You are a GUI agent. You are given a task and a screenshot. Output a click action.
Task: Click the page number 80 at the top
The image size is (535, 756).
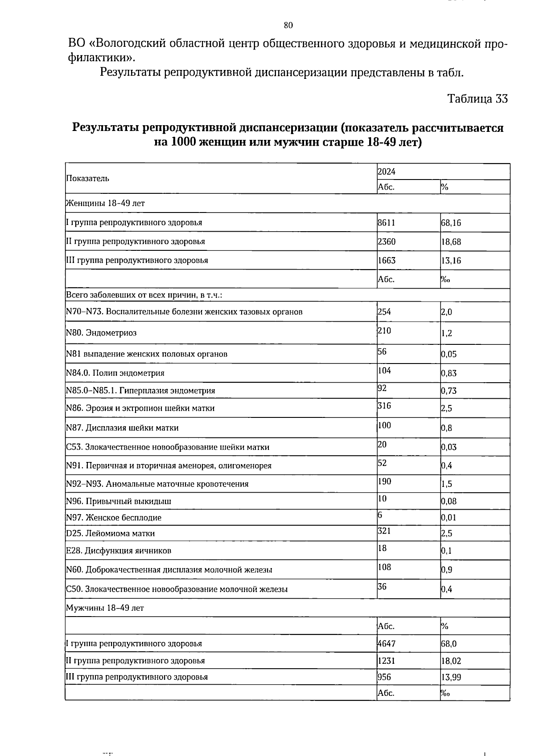[x=288, y=25]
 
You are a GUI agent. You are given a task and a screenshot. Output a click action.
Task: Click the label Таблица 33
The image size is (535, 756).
[x=477, y=99]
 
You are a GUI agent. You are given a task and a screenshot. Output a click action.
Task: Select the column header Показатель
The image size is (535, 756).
[x=87, y=179]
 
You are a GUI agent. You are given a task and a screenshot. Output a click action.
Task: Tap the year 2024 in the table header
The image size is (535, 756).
[x=387, y=172]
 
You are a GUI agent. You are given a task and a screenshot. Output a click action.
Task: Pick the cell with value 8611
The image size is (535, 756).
[x=386, y=223]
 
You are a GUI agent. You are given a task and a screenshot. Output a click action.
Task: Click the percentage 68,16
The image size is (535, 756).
[x=451, y=223]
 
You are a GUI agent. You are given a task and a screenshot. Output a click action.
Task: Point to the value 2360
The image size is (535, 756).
[x=387, y=242]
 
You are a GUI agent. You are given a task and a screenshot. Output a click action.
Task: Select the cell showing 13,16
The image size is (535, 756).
[x=451, y=261]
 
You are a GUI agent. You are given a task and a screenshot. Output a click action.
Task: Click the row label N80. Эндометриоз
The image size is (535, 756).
[x=101, y=333]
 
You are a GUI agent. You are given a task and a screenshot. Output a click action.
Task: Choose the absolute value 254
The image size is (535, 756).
[x=384, y=312]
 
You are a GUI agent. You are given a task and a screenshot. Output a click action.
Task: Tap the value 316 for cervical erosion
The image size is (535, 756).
[x=384, y=405]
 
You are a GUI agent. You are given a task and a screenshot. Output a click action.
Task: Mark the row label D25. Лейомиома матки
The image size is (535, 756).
[x=110, y=533]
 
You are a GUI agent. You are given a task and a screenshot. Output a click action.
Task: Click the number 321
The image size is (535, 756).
[x=384, y=531]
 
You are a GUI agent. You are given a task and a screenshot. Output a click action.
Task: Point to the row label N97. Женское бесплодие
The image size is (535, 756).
[x=114, y=518]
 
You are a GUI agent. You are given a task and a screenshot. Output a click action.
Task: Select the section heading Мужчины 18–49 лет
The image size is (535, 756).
[x=105, y=608]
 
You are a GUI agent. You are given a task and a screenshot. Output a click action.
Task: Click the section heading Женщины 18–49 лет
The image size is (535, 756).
[x=105, y=204]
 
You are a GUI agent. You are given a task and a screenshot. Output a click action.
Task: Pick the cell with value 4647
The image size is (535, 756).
[x=387, y=644]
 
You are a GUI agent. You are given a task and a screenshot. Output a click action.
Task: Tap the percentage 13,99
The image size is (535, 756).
[x=451, y=678]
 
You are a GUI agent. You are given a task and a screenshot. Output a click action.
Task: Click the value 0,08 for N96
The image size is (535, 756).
[x=449, y=501]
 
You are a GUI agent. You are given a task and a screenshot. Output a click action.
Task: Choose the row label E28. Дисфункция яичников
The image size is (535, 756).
[x=119, y=551]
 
